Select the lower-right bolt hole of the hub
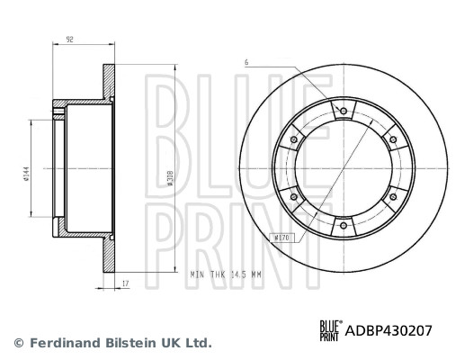click(392, 197)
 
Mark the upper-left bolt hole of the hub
click(294, 139)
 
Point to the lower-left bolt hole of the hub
click(293, 197)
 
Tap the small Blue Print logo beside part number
click(329, 331)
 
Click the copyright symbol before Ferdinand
click(18, 343)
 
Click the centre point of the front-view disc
click(343, 168)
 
